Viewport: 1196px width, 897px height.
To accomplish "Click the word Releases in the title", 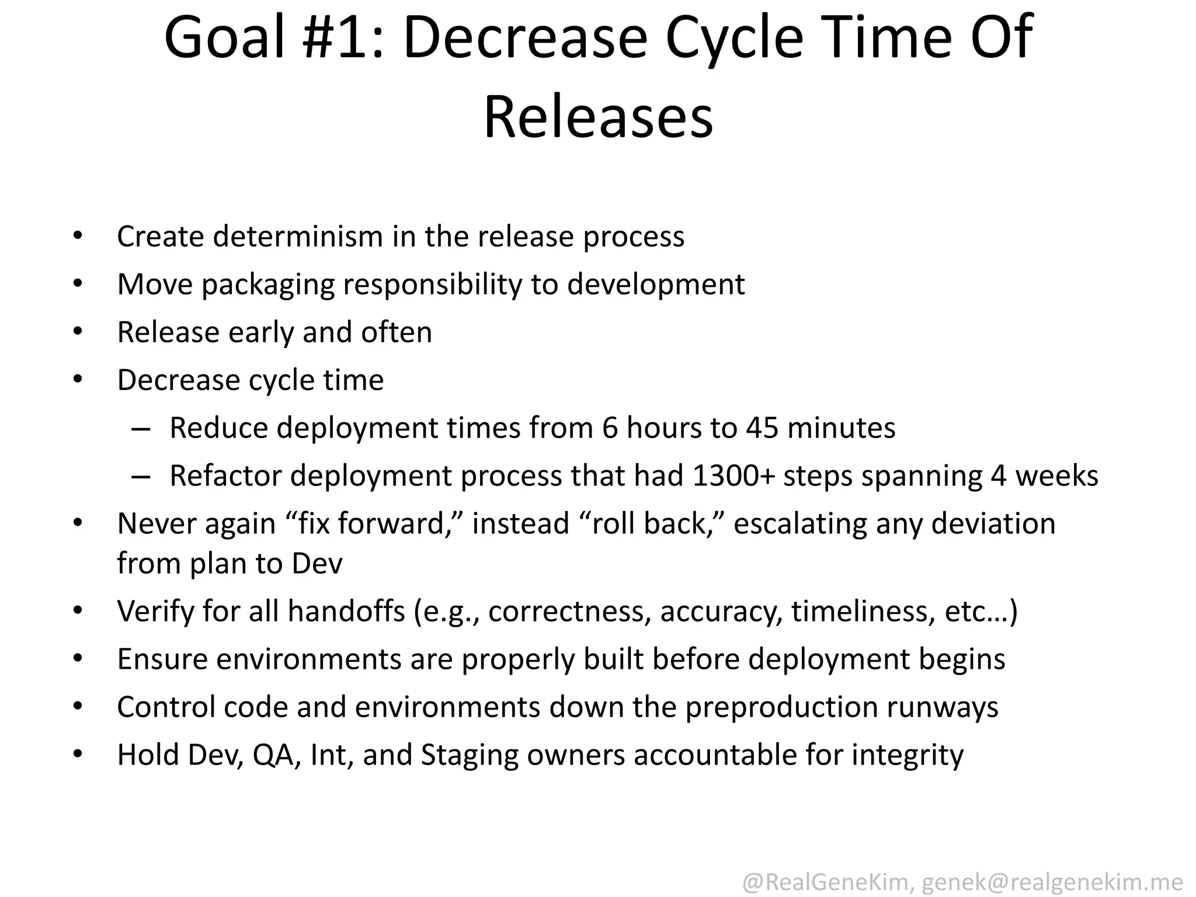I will (598, 118).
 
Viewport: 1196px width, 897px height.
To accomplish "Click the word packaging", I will (268, 285).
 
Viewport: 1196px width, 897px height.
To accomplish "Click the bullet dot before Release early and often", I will (78, 332).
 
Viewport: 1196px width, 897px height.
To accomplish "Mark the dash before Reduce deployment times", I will (141, 429).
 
